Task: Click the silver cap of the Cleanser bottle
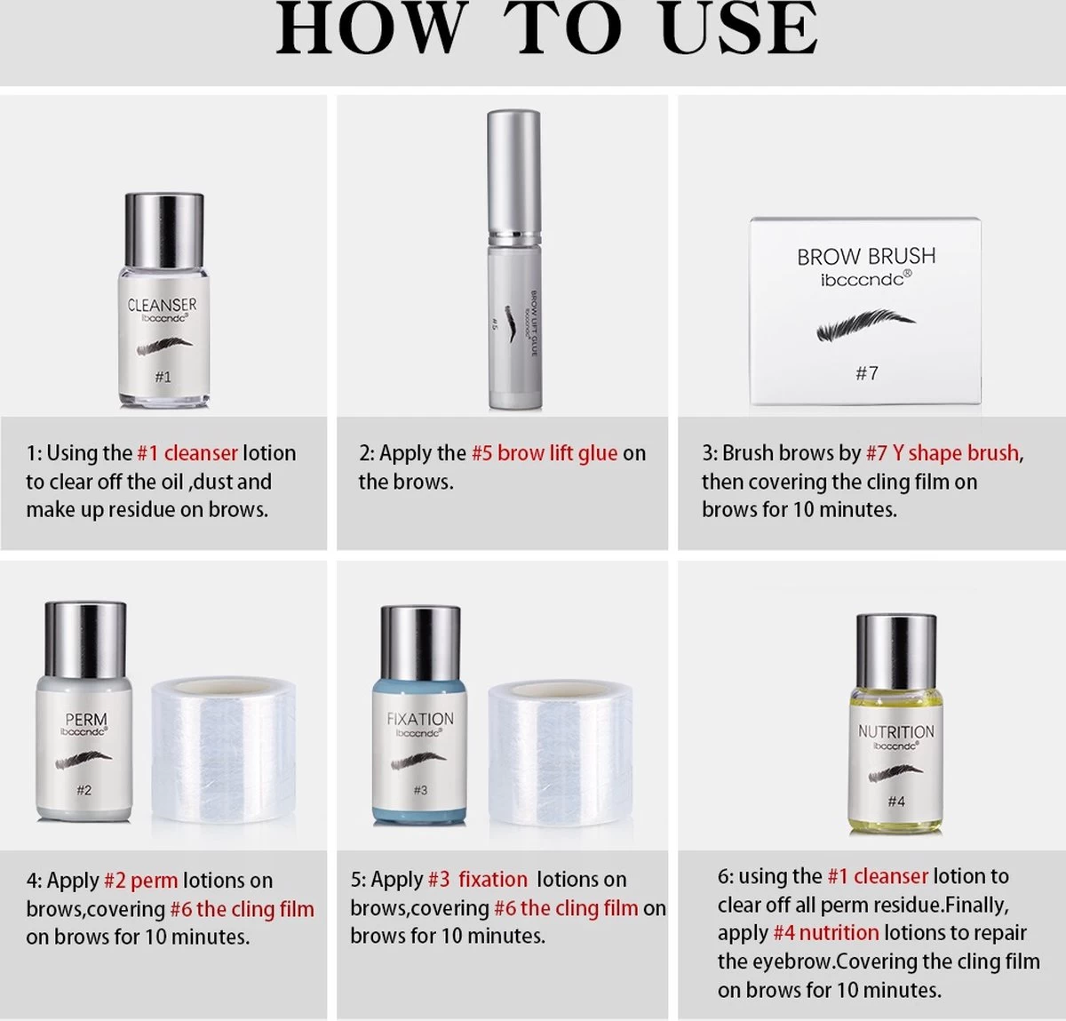[x=164, y=230]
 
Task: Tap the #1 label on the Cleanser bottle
[x=163, y=377]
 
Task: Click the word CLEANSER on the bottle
[x=163, y=305]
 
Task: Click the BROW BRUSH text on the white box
[x=866, y=257]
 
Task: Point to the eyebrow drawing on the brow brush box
[x=865, y=324]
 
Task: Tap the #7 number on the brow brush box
[x=867, y=373]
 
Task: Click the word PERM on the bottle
[x=86, y=719]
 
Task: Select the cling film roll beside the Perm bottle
[x=224, y=750]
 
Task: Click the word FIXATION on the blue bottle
[x=420, y=719]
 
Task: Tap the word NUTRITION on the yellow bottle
[x=896, y=731]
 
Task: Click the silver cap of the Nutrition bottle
[x=896, y=651]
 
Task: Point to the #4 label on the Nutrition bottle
[x=896, y=802]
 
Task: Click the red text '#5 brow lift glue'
[x=545, y=453]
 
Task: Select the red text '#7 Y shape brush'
[x=943, y=453]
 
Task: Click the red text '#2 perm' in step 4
[x=140, y=881]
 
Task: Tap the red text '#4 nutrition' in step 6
[x=826, y=933]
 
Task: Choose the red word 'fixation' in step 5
[x=493, y=880]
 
